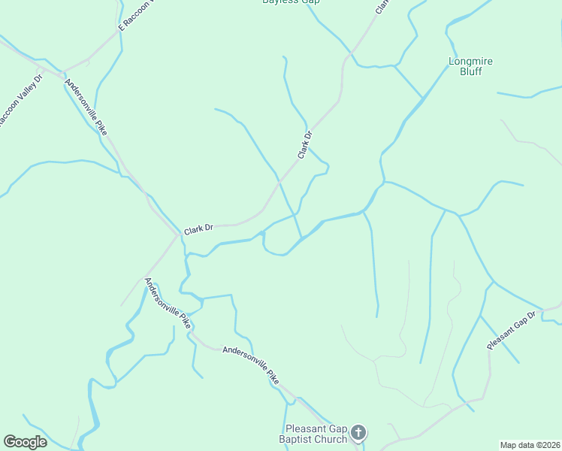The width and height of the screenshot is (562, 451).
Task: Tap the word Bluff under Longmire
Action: [x=471, y=72]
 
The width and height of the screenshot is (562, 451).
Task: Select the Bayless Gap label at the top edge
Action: [x=291, y=2]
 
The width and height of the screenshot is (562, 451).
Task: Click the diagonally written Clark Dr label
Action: [x=304, y=145]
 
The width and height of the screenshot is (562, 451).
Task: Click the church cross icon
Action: [x=358, y=433]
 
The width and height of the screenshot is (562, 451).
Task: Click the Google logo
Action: [x=25, y=442]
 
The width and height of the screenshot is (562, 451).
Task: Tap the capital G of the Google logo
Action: [x=10, y=442]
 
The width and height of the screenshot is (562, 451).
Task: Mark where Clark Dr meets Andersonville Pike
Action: [x=178, y=235]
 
